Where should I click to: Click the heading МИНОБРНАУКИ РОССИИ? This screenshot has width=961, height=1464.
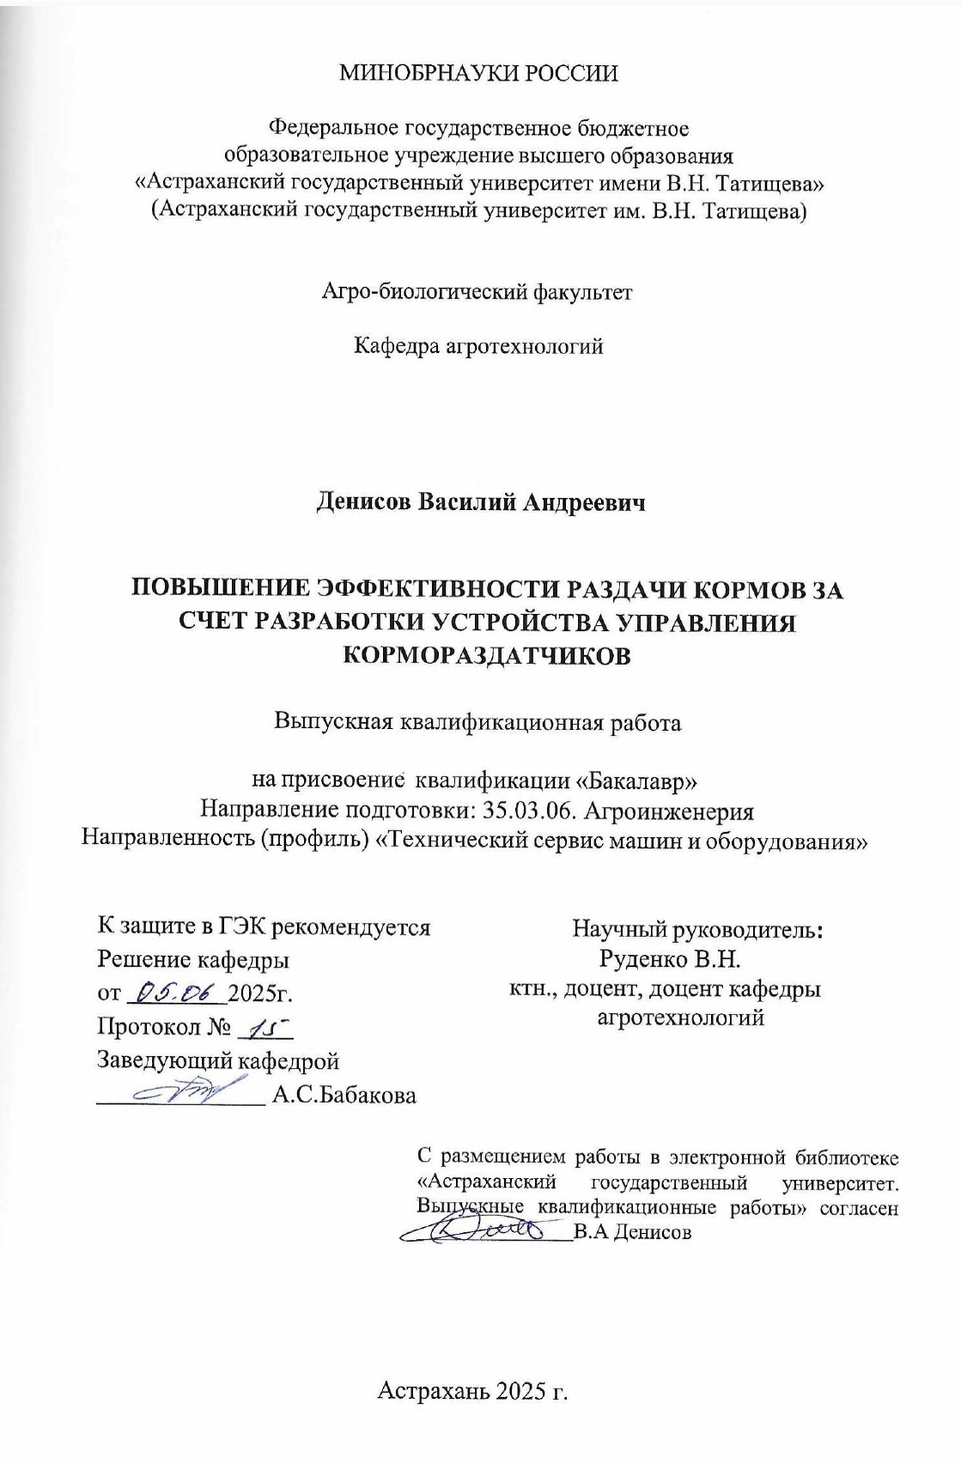coord(479,73)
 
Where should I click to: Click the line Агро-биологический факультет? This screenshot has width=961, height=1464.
coord(477,292)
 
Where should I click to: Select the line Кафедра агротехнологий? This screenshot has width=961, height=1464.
coord(479,346)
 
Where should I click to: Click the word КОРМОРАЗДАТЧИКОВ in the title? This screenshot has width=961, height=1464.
coord(488,655)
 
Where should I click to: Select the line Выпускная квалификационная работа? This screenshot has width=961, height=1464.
coord(477,722)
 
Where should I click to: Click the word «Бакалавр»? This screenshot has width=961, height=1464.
coord(641,781)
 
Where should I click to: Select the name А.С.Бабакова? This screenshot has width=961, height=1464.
coord(344,1095)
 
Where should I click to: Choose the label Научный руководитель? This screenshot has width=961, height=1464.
coord(697,928)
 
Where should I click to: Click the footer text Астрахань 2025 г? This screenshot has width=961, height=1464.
coord(474,1391)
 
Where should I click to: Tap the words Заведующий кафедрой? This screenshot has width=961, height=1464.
coord(219,1060)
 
